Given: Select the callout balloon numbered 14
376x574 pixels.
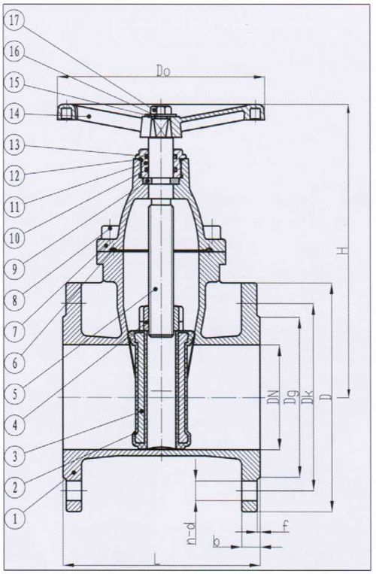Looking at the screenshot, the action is pyautogui.click(x=14, y=114).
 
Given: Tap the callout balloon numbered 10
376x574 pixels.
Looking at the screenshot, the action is pyautogui.click(x=14, y=238).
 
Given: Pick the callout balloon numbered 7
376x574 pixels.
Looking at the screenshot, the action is pyautogui.click(x=14, y=332).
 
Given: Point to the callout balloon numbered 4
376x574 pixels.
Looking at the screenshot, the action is pyautogui.click(x=14, y=425).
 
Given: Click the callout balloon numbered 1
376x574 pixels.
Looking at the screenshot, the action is pyautogui.click(x=14, y=518).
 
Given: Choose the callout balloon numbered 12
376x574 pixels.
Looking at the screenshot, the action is pyautogui.click(x=14, y=176).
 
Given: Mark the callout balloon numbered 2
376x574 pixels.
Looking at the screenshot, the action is pyautogui.click(x=14, y=487).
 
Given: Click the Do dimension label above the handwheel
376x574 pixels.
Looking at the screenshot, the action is pyautogui.click(x=163, y=71).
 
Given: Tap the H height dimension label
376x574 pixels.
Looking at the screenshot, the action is pyautogui.click(x=343, y=251).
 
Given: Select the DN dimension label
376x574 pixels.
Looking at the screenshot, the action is pyautogui.click(x=273, y=397).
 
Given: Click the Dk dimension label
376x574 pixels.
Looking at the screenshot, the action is pyautogui.click(x=308, y=397).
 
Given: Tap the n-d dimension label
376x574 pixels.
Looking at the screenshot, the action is pyautogui.click(x=191, y=534).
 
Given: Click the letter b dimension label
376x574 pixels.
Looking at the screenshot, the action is pyautogui.click(x=216, y=542).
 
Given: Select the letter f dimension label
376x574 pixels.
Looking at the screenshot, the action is pyautogui.click(x=286, y=526).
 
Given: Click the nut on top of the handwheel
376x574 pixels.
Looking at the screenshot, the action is pyautogui.click(x=160, y=109).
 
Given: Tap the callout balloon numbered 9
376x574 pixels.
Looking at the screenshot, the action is pyautogui.click(x=14, y=269).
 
